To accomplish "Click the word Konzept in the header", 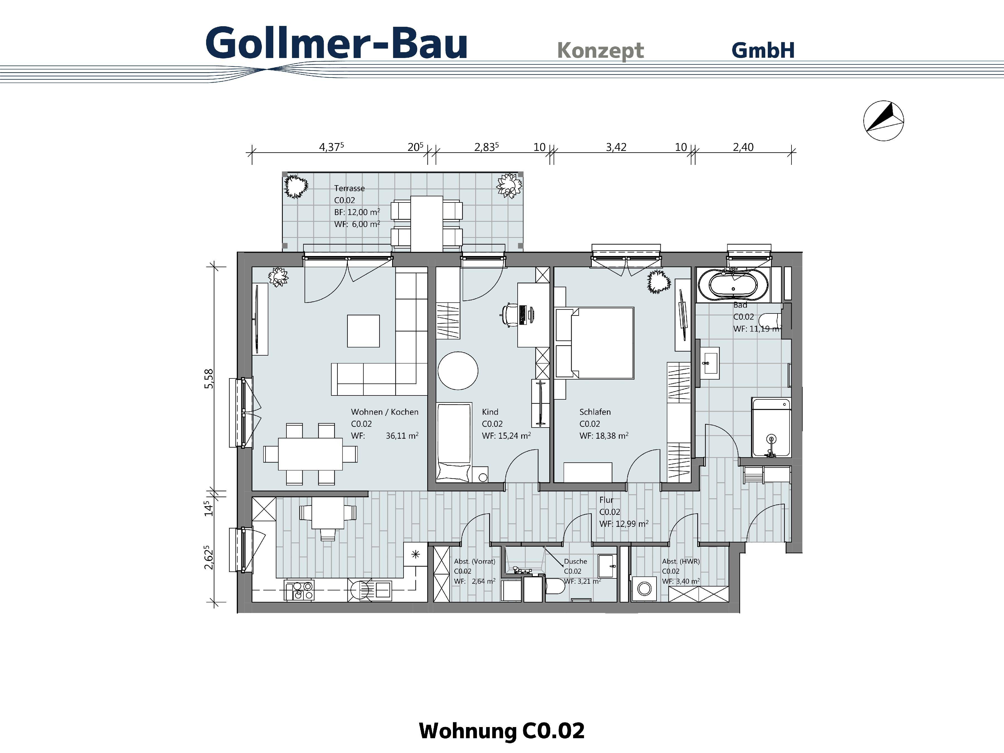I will (x=600, y=50).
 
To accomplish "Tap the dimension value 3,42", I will (x=616, y=147).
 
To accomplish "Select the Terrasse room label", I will (x=349, y=188).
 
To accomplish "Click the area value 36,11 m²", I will (x=402, y=436).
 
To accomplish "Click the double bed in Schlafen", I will (x=601, y=343).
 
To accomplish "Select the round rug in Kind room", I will (x=458, y=370).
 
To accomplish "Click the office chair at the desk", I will (x=510, y=314).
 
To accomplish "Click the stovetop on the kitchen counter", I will (x=299, y=590).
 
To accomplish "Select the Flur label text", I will (x=606, y=500).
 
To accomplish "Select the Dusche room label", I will (x=575, y=561).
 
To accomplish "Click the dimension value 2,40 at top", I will (x=743, y=147).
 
